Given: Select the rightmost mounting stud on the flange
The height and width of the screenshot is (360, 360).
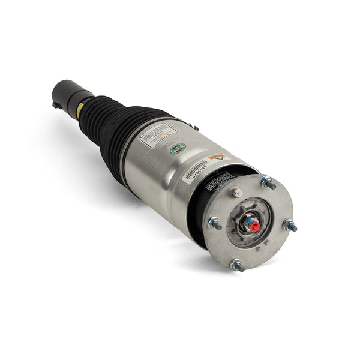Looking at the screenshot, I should (x=290, y=226).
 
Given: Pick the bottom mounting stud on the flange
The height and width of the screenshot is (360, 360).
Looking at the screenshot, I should (x=238, y=264).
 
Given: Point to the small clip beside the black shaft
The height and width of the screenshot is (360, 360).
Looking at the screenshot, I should (x=56, y=105).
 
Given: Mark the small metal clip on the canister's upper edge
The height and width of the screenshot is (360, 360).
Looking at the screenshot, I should (x=196, y=127).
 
